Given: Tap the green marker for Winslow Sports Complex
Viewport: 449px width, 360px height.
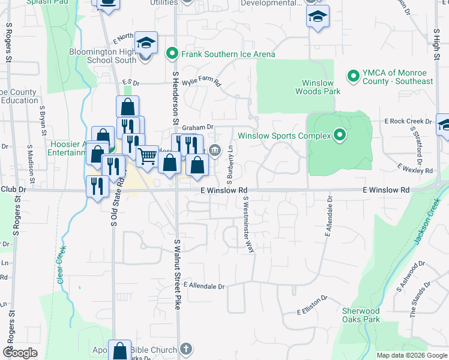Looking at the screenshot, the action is pyautogui.click(x=340, y=136).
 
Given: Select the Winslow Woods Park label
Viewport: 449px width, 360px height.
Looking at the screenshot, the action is pyautogui.click(x=318, y=87).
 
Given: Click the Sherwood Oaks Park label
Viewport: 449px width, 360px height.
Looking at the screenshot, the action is pyautogui.click(x=361, y=315).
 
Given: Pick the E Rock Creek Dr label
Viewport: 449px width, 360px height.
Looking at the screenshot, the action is pyautogui.click(x=408, y=121).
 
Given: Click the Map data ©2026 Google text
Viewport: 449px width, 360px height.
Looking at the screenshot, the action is pyautogui.click(x=411, y=355).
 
